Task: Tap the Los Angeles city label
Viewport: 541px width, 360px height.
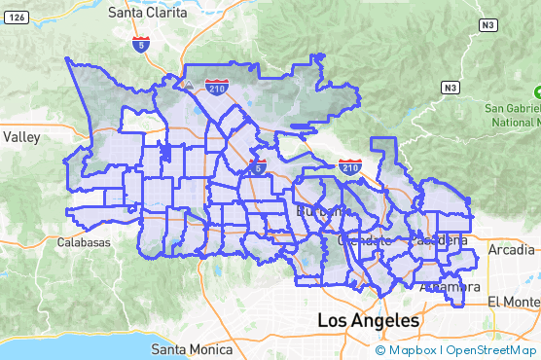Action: [x=369, y=320]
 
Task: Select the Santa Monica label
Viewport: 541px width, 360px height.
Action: [x=192, y=349]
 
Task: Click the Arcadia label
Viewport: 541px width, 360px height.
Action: [x=512, y=250]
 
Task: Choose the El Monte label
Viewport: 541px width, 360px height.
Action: [x=514, y=301]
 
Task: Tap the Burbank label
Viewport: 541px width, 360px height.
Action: [x=318, y=210]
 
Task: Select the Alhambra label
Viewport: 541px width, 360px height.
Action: [x=449, y=287]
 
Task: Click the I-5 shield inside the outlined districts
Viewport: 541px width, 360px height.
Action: [x=258, y=166]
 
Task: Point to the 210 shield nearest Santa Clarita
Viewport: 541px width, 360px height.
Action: [x=218, y=87]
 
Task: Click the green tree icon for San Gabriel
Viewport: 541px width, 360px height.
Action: [x=536, y=92]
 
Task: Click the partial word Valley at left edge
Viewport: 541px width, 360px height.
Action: [x=20, y=137]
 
